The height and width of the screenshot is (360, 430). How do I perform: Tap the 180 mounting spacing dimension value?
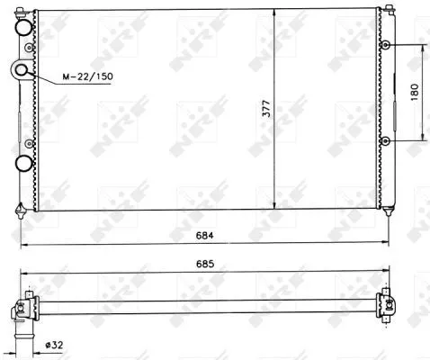[x=415, y=92]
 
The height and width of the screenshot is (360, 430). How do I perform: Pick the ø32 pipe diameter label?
[x=55, y=345]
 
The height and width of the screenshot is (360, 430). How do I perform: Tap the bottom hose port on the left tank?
[x=24, y=163]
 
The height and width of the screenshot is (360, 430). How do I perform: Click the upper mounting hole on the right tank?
[x=385, y=44]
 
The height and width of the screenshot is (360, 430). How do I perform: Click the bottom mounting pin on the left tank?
[x=21, y=212]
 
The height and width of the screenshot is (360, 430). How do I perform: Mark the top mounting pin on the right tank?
[x=389, y=9]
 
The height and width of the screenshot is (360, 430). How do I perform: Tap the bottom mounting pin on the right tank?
[x=389, y=212]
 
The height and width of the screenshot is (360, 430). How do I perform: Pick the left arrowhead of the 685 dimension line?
[x=21, y=274]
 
